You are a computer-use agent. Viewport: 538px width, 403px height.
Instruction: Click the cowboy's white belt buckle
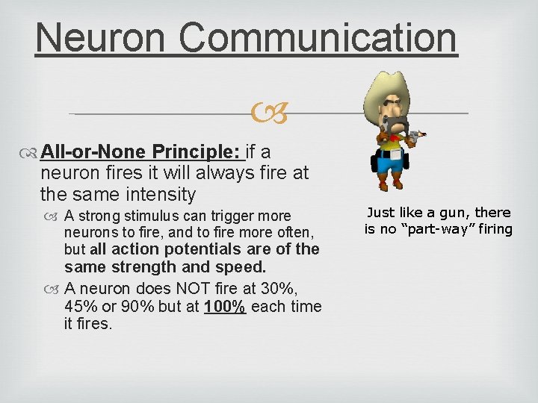pos(389,150)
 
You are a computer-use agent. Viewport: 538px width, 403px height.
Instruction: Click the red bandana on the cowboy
pos(389,131)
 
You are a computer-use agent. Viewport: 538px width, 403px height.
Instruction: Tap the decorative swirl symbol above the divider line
pos(269,114)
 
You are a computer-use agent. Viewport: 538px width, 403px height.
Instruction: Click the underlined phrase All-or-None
pos(94,152)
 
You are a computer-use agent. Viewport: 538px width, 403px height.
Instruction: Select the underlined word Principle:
pos(197,152)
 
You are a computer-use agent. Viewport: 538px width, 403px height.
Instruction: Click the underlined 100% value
pos(225,307)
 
